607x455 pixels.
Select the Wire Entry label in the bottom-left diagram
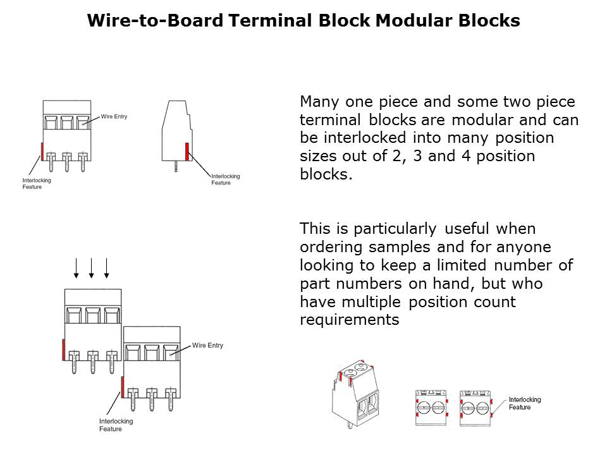coord(207,346)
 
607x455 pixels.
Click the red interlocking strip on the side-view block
coord(187,152)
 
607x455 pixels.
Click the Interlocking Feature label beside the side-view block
coord(225,179)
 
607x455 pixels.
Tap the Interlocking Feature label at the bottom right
coord(525,403)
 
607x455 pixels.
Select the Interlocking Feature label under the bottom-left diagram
coord(116,425)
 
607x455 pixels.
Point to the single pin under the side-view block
coord(176,167)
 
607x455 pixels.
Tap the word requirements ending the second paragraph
coord(349,320)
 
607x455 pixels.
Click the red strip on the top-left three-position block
coord(42,151)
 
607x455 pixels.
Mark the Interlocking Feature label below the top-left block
coord(37,183)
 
